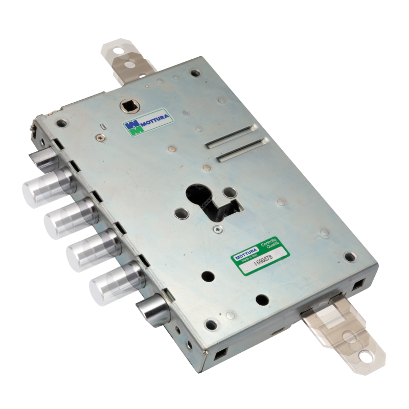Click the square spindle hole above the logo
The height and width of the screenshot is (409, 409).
[127, 106]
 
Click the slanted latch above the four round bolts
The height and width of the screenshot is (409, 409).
[42, 156]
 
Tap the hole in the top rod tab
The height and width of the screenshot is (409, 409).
[119, 51]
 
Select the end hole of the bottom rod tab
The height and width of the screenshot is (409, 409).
[366, 357]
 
